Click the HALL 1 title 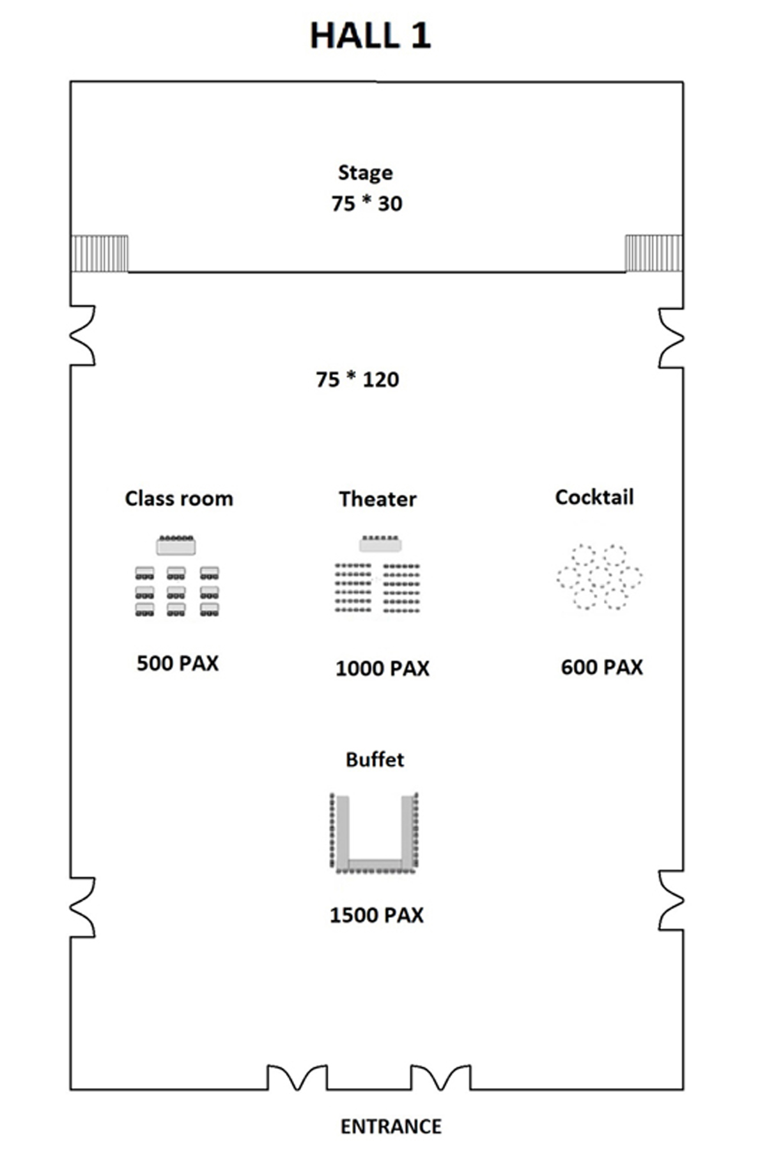click(x=370, y=36)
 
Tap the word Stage click(x=365, y=173)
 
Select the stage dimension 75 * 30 click(x=367, y=203)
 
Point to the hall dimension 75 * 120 click(x=357, y=379)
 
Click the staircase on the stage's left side click(x=100, y=253)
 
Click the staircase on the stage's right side click(x=654, y=253)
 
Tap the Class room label click(x=179, y=498)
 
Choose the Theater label click(x=378, y=499)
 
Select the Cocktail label click(x=594, y=497)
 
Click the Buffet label click(x=375, y=759)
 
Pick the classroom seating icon click(x=177, y=576)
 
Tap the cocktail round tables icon click(x=600, y=577)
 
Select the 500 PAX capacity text click(x=178, y=663)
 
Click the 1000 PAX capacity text click(x=382, y=668)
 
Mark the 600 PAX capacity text click(x=601, y=667)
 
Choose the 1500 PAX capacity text click(x=376, y=915)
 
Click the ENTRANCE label click(x=391, y=1126)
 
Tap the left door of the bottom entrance click(x=297, y=1078)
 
